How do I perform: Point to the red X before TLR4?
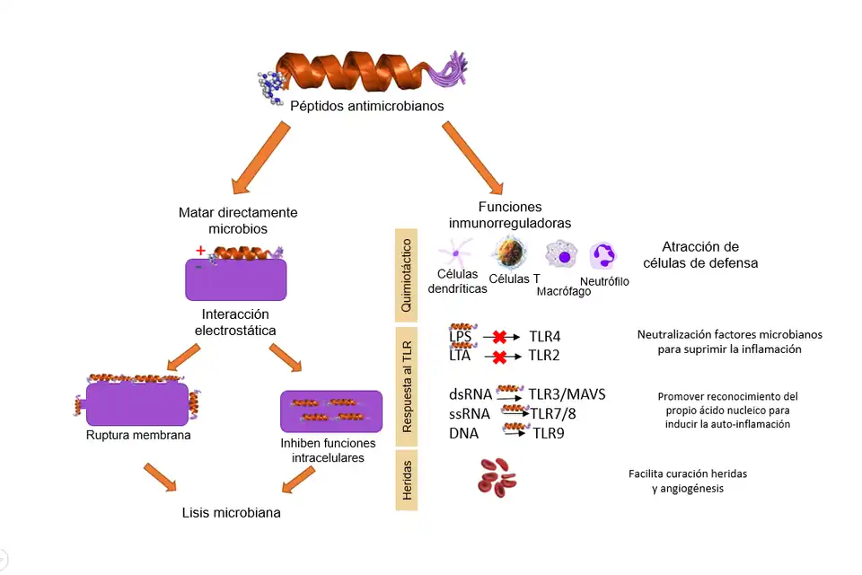coord(499,338)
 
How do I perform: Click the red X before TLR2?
coord(499,357)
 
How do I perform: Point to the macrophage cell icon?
coord(563,255)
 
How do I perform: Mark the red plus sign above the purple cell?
coord(200,250)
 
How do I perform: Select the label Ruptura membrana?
coord(139,436)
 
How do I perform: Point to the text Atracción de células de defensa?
coord(700,255)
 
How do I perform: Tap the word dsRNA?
coord(470,394)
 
